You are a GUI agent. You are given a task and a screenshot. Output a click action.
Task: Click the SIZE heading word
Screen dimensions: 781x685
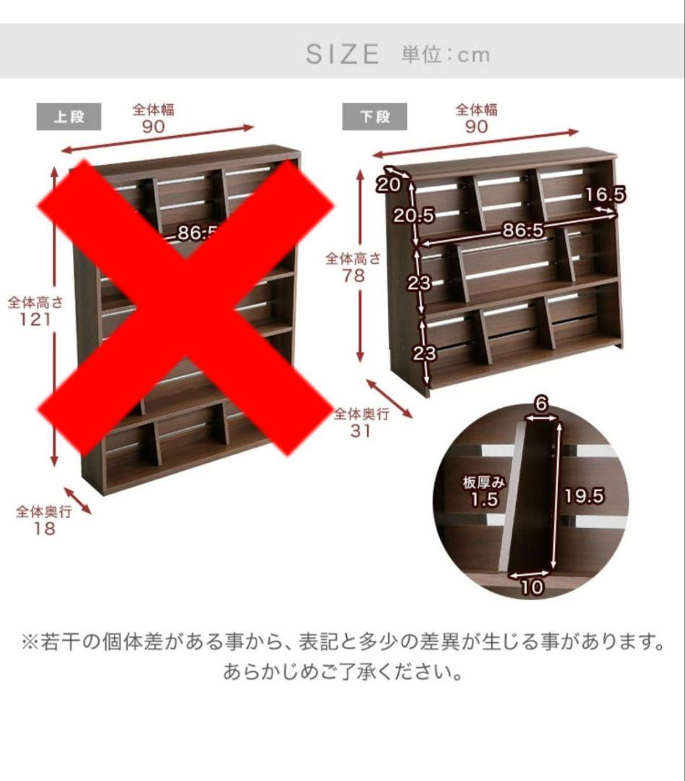pos(342,54)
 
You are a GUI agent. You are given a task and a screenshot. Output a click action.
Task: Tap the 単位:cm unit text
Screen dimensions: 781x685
pos(445,54)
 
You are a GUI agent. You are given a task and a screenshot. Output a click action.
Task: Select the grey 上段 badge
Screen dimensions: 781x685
pos(69,116)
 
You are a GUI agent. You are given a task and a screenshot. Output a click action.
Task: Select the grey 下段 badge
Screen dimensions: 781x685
pos(374,116)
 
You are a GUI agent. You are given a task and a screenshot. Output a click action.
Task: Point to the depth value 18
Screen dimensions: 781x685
pos(44,529)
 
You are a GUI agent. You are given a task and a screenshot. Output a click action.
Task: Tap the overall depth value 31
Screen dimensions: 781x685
pos(361,431)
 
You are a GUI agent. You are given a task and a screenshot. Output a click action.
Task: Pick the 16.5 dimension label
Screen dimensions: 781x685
pos(605,194)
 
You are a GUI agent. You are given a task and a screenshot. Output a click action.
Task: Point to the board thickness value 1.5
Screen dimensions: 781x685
pos(484,500)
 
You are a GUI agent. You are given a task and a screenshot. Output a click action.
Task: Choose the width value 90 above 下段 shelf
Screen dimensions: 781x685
pos(476,127)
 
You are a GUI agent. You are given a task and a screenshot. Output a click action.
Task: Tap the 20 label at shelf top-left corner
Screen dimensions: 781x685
pos(388,185)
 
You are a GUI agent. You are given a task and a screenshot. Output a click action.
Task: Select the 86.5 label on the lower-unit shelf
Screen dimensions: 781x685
pos(523,231)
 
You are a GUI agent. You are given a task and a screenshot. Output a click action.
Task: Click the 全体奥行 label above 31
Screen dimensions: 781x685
pos(361,414)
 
